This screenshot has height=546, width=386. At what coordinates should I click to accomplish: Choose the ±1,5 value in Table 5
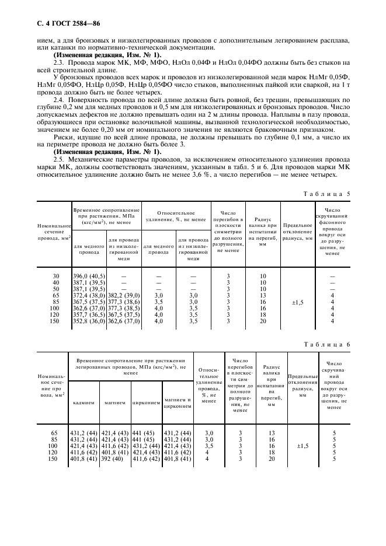tap(297, 302)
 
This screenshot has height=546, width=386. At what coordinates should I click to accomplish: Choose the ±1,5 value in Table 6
tap(302, 446)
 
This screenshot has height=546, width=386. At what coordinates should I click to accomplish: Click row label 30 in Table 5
tap(56, 276)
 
